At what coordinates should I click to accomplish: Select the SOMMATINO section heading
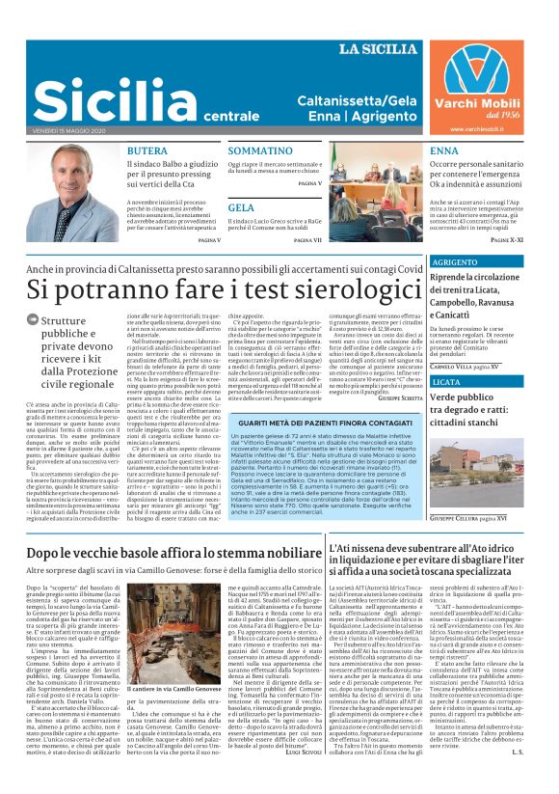pos(260,151)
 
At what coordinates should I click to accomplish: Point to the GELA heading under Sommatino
pos(241,207)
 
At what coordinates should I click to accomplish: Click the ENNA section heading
pos(444,151)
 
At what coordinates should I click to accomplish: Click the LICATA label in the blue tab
pos(446,382)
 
